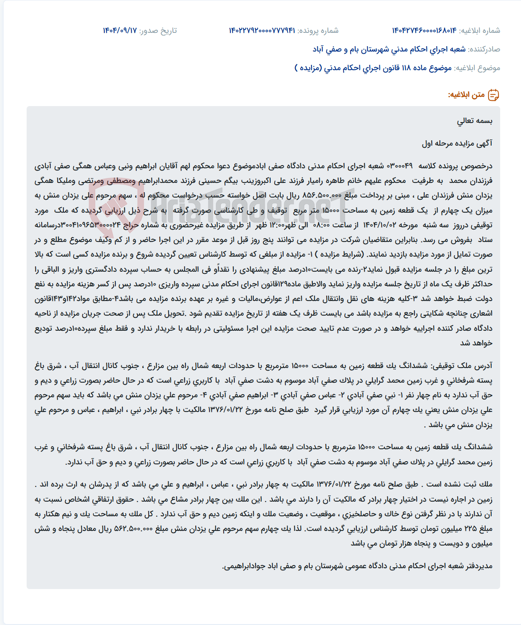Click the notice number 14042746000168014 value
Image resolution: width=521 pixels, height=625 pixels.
(x=424, y=31)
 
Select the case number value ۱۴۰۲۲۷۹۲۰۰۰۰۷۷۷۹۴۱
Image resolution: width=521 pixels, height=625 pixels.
(x=262, y=31)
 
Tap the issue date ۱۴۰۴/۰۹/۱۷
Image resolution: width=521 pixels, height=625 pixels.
(x=120, y=31)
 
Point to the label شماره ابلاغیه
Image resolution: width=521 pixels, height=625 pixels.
(x=480, y=31)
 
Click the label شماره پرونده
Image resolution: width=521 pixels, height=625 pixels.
(x=318, y=31)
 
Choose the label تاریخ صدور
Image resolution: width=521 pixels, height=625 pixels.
(x=158, y=31)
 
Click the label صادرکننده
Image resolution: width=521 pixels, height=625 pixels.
(x=484, y=49)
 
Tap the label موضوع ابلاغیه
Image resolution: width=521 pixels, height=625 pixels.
(x=477, y=68)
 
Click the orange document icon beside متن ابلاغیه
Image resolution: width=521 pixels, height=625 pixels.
(x=493, y=95)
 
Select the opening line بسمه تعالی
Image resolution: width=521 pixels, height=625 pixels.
(x=475, y=121)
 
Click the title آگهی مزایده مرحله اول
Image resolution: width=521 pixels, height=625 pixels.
(x=457, y=143)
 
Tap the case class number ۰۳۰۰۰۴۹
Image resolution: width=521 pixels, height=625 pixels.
(x=400, y=166)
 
